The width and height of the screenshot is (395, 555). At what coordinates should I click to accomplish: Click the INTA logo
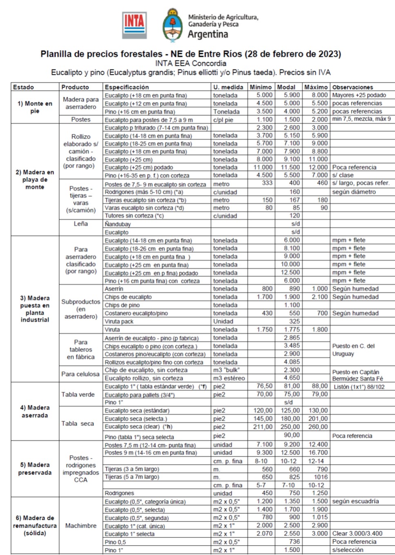click(134, 25)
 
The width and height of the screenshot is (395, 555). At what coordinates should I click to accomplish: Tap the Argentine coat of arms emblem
click(173, 25)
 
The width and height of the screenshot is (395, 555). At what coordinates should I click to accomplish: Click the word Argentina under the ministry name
click(208, 34)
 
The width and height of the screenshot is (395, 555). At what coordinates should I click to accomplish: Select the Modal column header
click(286, 87)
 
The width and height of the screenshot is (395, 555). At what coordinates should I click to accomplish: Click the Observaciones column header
click(353, 87)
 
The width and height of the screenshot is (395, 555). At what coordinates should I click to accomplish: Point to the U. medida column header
click(228, 87)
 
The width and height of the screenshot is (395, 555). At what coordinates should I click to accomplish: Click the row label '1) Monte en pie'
click(35, 107)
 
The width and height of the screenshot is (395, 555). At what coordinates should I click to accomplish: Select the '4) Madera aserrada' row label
click(35, 411)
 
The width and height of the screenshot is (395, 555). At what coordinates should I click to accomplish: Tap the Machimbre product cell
click(81, 526)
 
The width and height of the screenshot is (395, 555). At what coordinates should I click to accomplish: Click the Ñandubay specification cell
click(118, 224)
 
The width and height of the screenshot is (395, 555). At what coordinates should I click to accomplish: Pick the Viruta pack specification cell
click(119, 321)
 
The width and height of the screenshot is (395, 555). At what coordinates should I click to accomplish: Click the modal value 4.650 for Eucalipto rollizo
click(292, 378)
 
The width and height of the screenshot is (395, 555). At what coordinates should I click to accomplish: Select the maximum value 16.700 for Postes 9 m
click(318, 453)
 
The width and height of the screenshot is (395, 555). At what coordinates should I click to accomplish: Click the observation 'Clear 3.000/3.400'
click(357, 533)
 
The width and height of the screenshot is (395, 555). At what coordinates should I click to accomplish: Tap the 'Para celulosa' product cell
click(80, 374)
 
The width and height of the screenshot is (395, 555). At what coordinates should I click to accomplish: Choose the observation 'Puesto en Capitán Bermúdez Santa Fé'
click(358, 375)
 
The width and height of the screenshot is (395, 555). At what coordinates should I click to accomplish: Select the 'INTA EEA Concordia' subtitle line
click(190, 63)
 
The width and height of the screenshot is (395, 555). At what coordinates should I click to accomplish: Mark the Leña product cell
click(81, 224)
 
